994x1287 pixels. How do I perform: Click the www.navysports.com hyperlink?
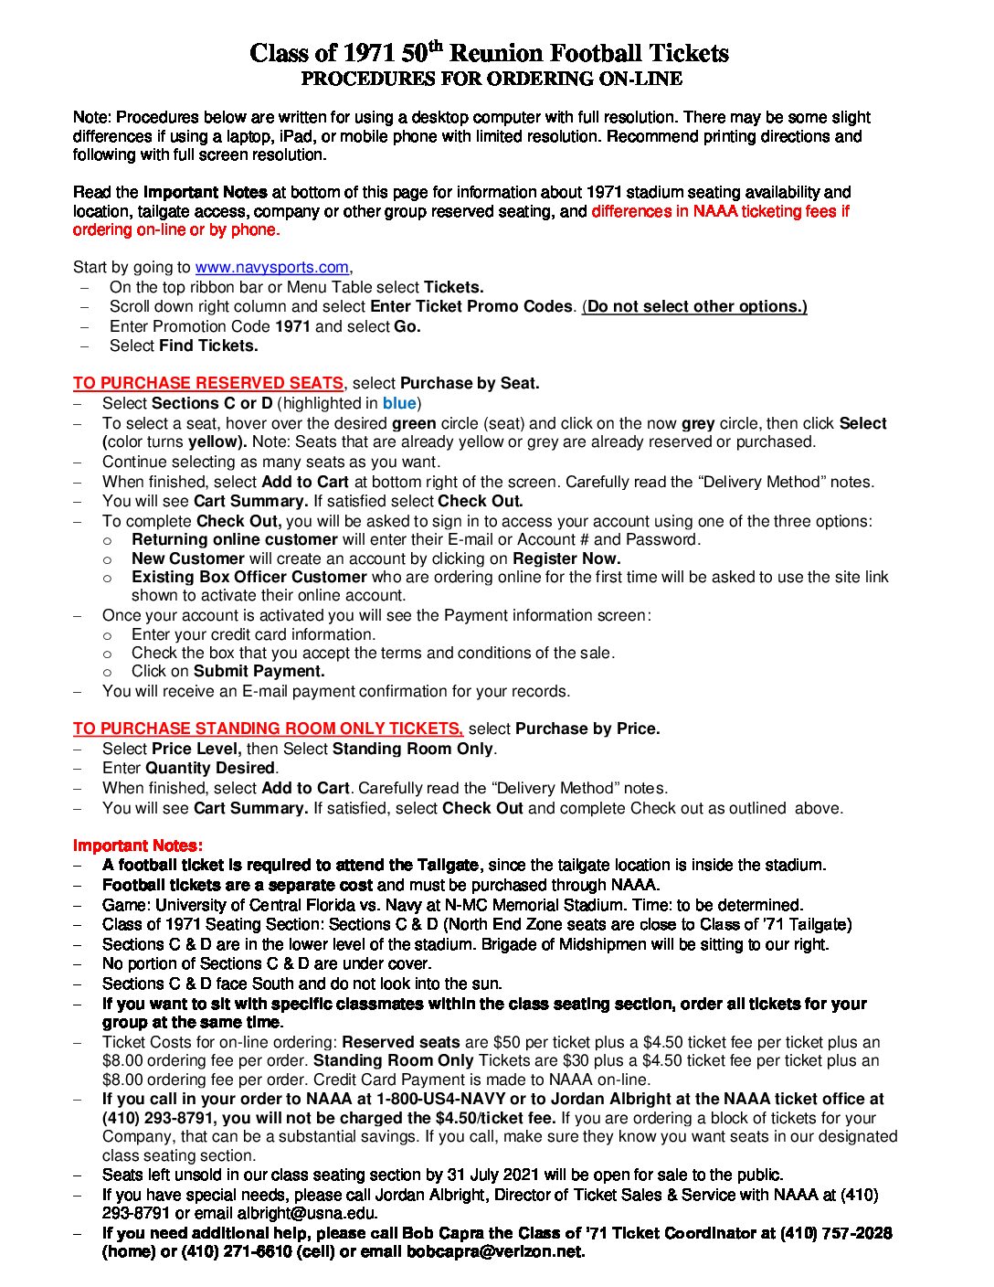pos(271,268)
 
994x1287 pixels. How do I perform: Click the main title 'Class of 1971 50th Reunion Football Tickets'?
pos(490,53)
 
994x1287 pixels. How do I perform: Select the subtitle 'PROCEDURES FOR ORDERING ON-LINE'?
pos(492,80)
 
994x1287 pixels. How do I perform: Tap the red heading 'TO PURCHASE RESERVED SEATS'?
pos(208,384)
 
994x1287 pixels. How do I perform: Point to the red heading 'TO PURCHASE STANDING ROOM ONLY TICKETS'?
pos(268,729)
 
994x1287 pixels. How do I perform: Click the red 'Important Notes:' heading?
pos(138,846)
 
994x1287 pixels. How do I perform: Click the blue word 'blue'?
pos(399,404)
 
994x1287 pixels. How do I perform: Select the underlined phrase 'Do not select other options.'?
pos(696,307)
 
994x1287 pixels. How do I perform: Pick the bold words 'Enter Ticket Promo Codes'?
pos(471,307)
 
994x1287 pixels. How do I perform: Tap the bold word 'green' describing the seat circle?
pos(414,424)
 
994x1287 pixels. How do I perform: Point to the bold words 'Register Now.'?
pos(566,559)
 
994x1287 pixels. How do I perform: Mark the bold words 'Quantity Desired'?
pos(210,769)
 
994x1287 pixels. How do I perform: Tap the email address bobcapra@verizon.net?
pos(494,1252)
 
